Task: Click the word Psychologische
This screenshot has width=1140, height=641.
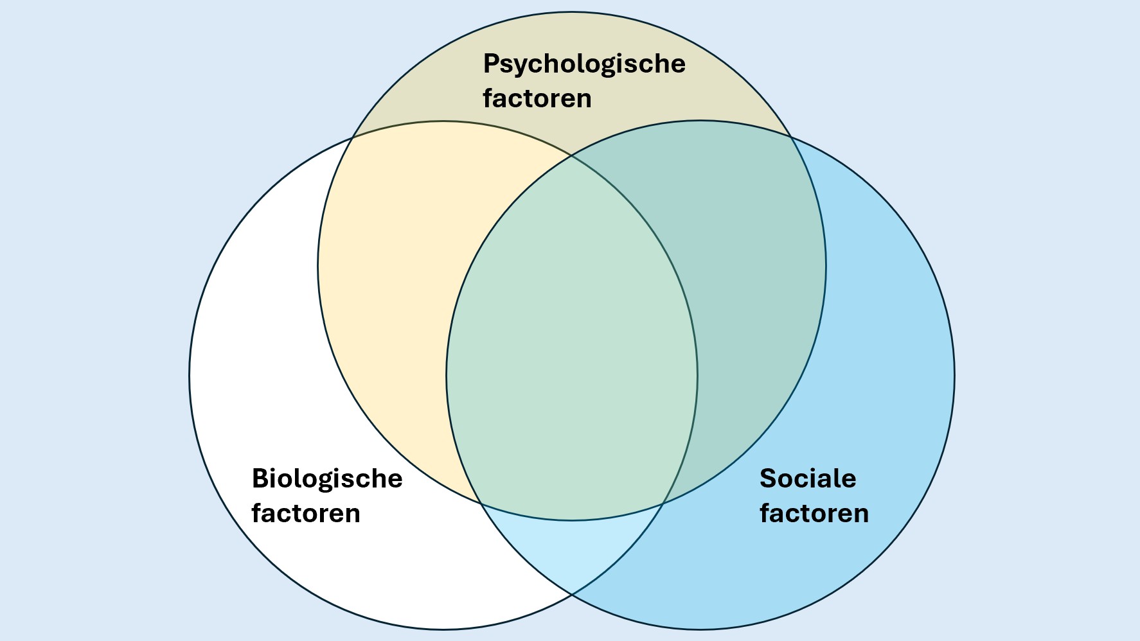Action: [583, 64]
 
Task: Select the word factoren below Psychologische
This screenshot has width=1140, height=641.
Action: [537, 98]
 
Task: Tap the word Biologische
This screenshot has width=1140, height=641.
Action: [326, 479]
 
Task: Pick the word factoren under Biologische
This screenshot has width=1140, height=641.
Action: [306, 513]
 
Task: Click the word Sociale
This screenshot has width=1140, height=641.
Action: [808, 479]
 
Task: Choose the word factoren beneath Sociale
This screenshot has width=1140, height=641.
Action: [814, 513]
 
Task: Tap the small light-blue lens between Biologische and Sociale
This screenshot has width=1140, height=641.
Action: [572, 546]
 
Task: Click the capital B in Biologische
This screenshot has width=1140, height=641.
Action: [260, 479]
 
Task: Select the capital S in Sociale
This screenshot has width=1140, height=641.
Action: [768, 479]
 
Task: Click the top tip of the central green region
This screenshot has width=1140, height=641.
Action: [572, 156]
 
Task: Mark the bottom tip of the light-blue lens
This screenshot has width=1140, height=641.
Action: [572, 594]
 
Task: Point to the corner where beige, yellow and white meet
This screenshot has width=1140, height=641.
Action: [352, 137]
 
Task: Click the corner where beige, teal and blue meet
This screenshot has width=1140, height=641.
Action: [792, 137]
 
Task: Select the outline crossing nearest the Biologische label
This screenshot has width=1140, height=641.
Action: [480, 503]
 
